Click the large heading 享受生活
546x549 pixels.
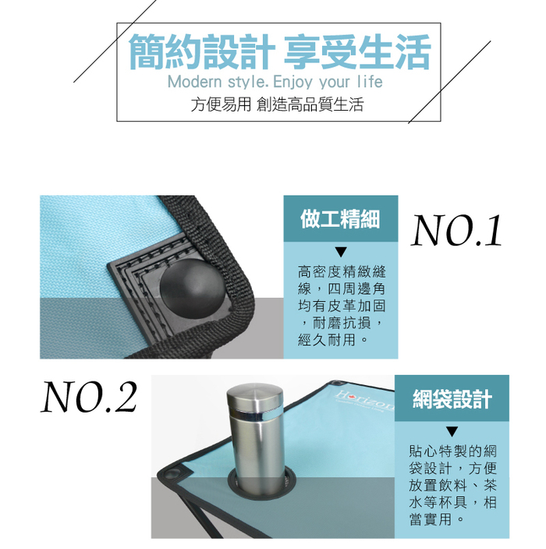tap(357, 52)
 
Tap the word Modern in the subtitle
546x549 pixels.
tap(195, 83)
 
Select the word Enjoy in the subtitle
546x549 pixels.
tap(292, 83)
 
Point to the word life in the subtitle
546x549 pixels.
tap(370, 83)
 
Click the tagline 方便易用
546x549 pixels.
tap(221, 104)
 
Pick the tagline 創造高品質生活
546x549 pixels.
tap(310, 104)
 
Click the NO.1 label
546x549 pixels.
tap(456, 230)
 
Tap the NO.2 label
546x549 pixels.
tap(89, 397)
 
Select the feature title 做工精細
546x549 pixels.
tap(340, 219)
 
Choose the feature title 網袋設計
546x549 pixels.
tap(452, 398)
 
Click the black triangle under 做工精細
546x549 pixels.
tap(341, 252)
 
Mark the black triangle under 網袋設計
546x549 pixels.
tap(452, 431)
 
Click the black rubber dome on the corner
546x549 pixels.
tap(193, 289)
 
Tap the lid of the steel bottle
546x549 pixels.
tap(254, 395)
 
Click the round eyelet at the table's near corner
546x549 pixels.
tap(172, 475)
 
